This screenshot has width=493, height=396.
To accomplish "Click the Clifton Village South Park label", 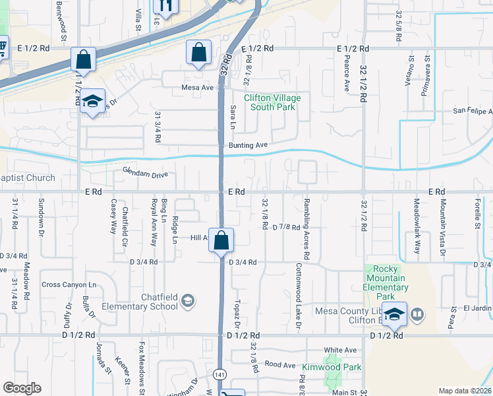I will coord(272,103).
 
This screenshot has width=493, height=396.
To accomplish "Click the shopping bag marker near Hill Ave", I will coord(222,241).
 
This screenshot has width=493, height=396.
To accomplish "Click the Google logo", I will coord(22,387).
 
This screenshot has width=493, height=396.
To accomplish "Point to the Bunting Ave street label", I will coord(248,145).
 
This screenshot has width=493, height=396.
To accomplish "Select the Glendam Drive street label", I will coord(145,174).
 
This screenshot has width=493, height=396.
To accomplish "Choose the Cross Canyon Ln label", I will coord(69,284).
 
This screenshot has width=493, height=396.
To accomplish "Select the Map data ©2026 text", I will coord(465,391).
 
